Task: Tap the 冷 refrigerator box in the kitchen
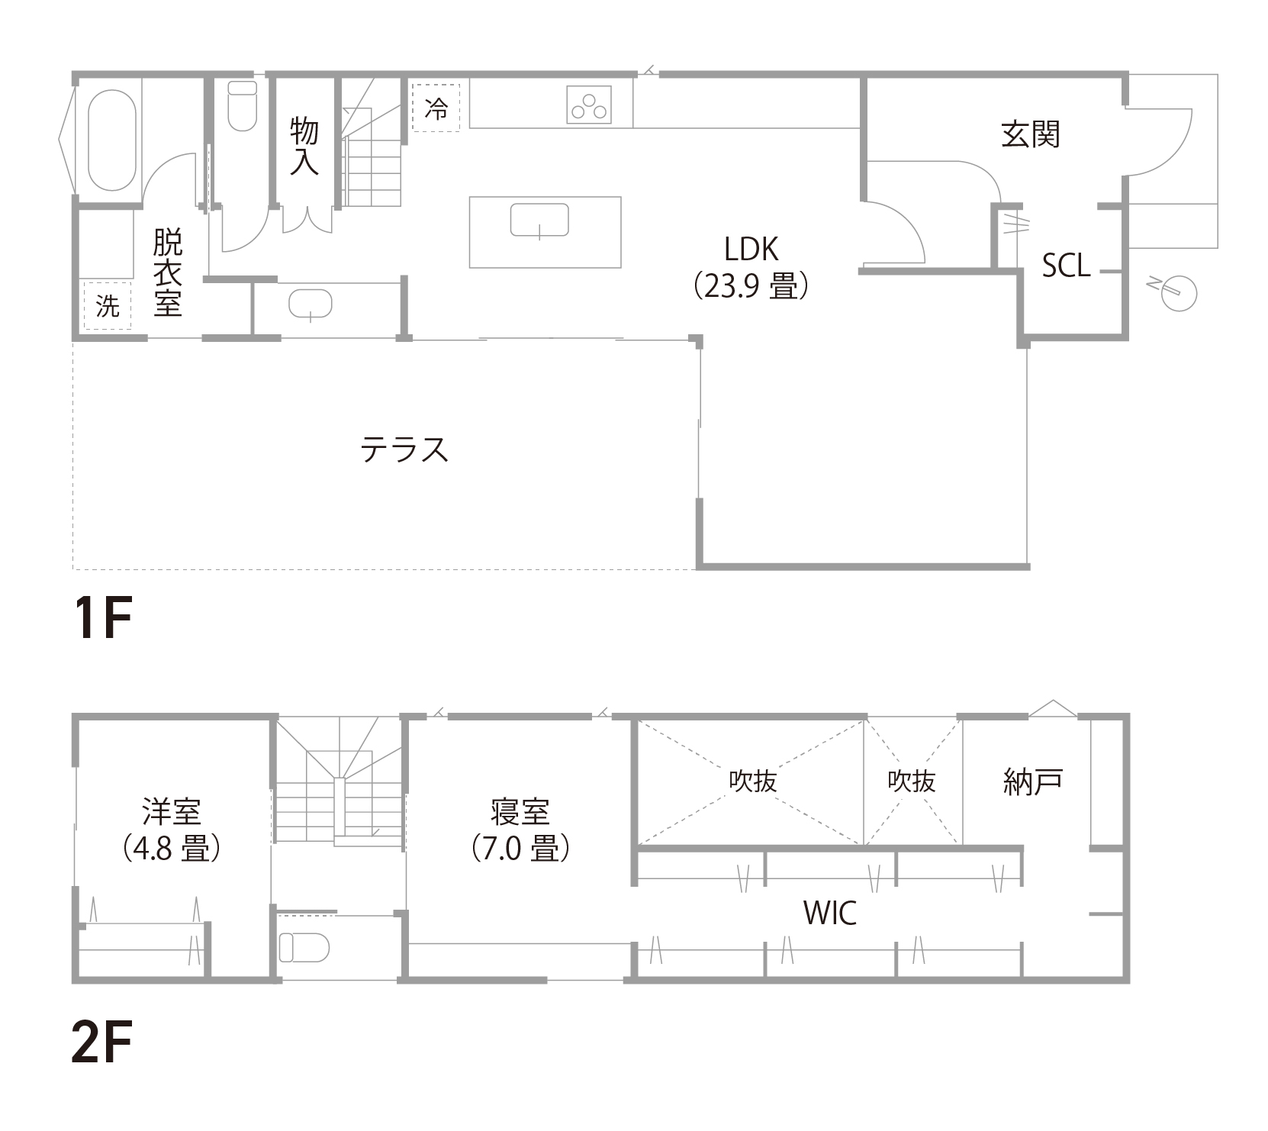pos(436,108)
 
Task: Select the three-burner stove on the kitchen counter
pos(589,105)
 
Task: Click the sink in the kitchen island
pos(539,221)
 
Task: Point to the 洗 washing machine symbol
pos(108,306)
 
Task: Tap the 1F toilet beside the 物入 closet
pos(243,105)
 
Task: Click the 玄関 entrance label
pos(1030,135)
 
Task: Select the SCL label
pos(1066,266)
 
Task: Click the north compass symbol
pos(1176,291)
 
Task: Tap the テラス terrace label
pos(404,449)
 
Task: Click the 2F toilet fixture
pos(304,948)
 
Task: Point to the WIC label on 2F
pos(830,913)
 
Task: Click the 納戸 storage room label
pos(1033,781)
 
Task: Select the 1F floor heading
pos(101,618)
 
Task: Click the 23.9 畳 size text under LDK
pos(751,288)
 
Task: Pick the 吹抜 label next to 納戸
pos(912,781)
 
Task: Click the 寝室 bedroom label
pos(520,813)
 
